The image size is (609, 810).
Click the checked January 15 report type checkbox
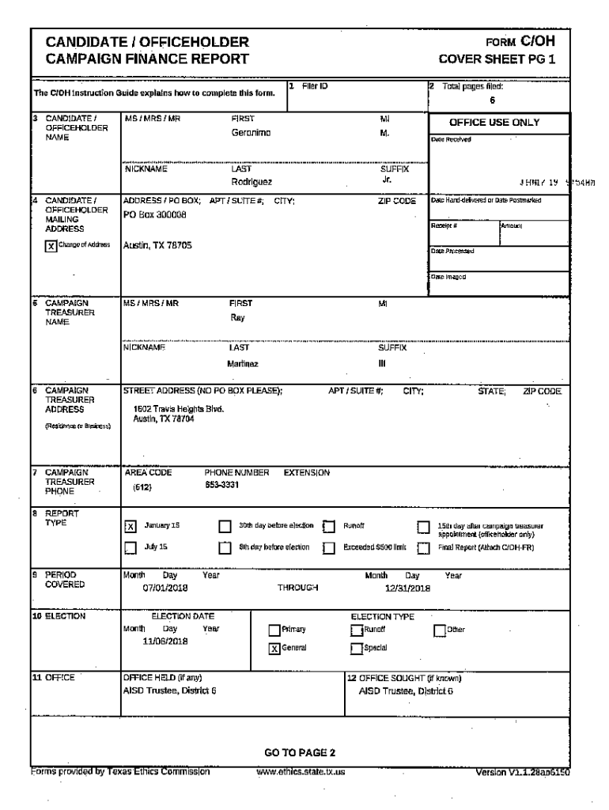[x=131, y=525]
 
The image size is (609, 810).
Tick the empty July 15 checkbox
[x=131, y=546]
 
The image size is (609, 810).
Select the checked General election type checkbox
[x=274, y=647]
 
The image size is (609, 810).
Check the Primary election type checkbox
[x=274, y=630]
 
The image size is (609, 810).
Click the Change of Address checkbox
[x=51, y=245]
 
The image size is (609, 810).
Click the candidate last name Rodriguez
[x=252, y=181]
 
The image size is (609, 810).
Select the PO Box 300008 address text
[x=155, y=214]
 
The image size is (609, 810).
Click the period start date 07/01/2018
[x=163, y=588]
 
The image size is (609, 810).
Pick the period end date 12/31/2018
[x=407, y=588]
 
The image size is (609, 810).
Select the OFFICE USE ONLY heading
[x=494, y=123]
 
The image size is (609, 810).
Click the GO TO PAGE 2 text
[x=300, y=751]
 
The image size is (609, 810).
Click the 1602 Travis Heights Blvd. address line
[x=179, y=409]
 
